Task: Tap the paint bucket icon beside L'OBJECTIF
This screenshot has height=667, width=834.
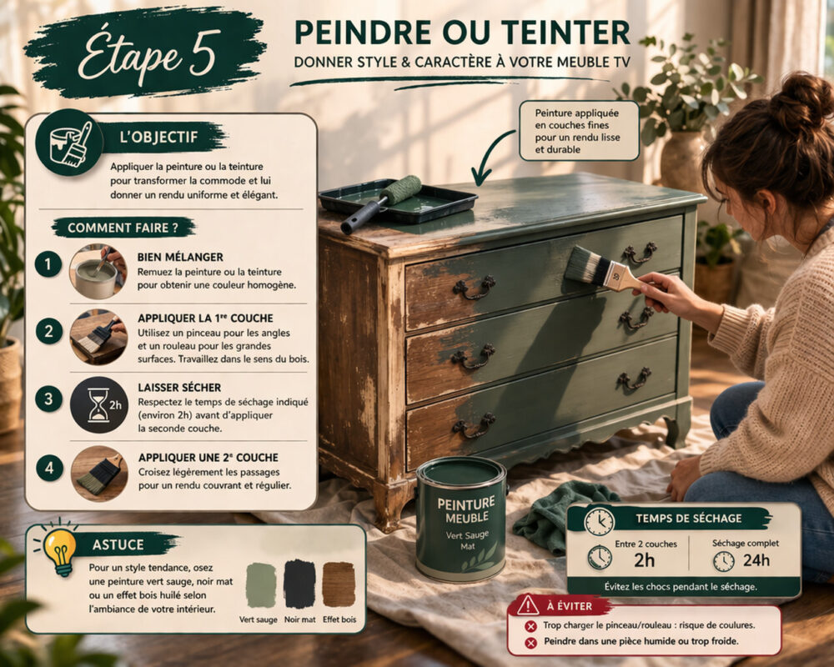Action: tap(70, 142)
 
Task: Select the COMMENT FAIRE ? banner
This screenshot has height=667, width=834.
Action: tap(123, 228)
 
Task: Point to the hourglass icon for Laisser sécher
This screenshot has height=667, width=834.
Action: tap(98, 404)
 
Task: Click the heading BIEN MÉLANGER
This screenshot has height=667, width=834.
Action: tap(180, 257)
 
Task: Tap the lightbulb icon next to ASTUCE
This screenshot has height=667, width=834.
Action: tap(60, 550)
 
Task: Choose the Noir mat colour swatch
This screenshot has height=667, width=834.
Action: tap(299, 584)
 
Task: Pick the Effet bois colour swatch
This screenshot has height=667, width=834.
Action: tap(339, 584)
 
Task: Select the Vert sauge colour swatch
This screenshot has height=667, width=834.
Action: tap(260, 584)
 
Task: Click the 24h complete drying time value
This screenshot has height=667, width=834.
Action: tap(756, 560)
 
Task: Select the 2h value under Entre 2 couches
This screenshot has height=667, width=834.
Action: tap(643, 560)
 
